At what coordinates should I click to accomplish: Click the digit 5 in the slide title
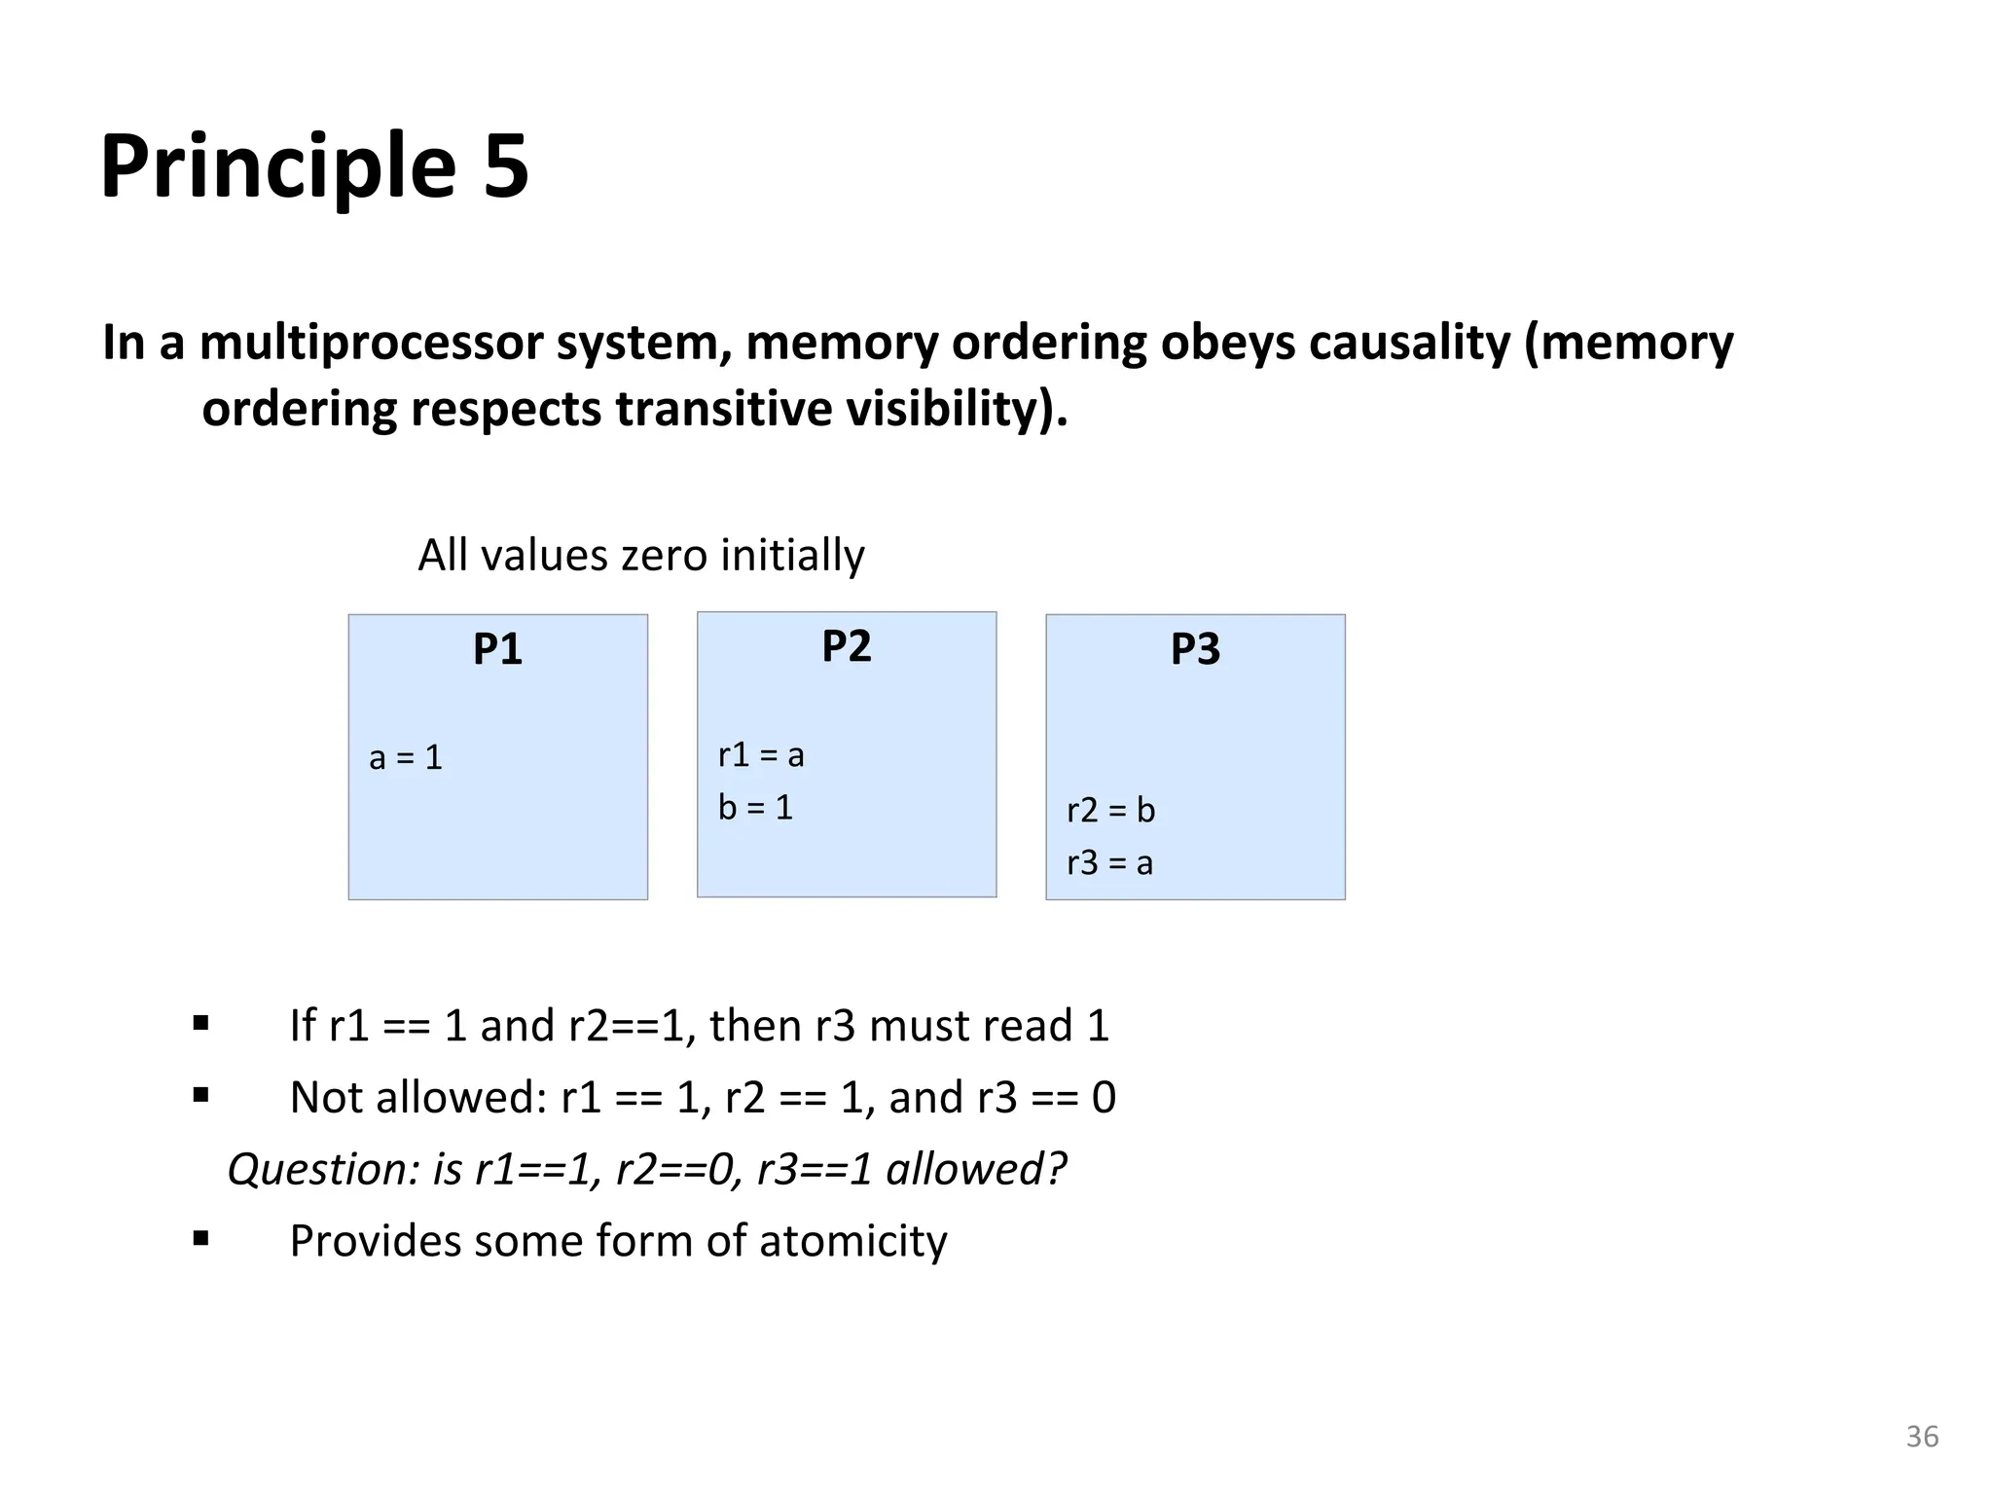pos(504,167)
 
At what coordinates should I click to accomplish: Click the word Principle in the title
pos(277,167)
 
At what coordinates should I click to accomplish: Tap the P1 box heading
pos(497,649)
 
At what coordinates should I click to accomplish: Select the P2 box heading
pos(846,646)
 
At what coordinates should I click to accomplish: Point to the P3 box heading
pos(1195,649)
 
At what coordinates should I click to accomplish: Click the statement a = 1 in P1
pos(406,757)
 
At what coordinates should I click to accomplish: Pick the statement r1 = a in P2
pos(761,754)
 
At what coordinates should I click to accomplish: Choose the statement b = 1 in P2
pos(755,807)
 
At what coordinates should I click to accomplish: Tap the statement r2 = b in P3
pos(1110,810)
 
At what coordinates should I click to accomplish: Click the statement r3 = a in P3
pos(1109,862)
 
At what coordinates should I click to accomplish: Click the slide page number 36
pos(1922,1437)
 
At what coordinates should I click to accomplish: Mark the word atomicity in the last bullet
pos(852,1241)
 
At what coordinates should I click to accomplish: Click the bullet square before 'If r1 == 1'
pos(201,1023)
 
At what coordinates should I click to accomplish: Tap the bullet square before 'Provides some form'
pos(201,1239)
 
